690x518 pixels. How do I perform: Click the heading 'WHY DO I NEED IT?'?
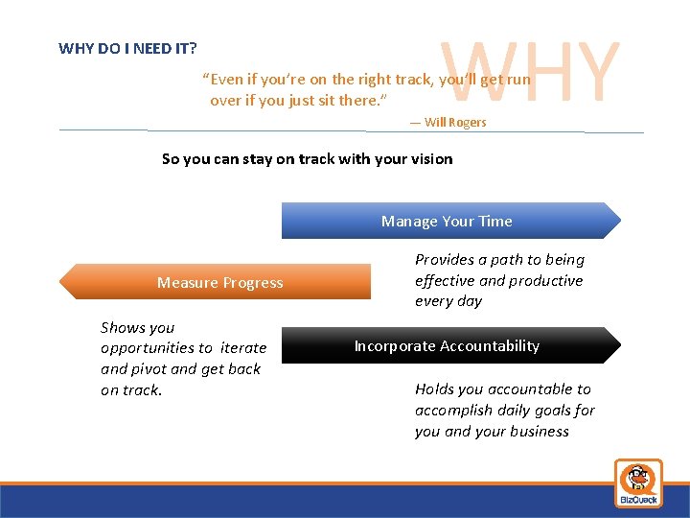(128, 48)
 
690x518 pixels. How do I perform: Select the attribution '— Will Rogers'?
(448, 123)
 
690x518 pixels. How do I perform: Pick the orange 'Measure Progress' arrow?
(219, 282)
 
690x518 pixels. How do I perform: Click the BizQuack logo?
(637, 483)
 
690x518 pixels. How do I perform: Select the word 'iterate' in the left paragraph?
(243, 348)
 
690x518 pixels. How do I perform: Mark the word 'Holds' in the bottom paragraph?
(434, 388)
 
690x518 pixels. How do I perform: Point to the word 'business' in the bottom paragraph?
(538, 431)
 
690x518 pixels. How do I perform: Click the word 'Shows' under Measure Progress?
(123, 327)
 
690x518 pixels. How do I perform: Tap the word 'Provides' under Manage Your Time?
(446, 259)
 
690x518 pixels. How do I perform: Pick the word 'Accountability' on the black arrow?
(492, 345)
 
